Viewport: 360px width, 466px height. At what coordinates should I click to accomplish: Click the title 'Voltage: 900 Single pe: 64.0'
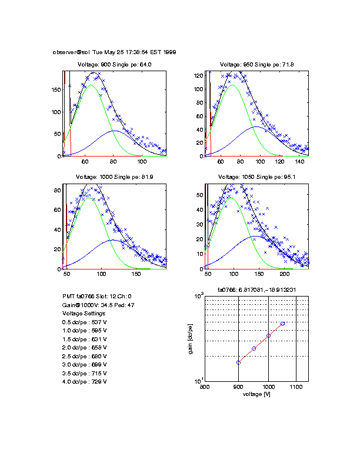click(x=115, y=65)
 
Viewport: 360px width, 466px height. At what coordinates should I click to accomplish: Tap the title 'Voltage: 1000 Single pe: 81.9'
click(x=115, y=177)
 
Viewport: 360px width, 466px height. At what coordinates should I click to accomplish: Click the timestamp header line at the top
click(x=114, y=52)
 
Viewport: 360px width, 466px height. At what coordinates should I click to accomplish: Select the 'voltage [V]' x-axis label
click(x=256, y=394)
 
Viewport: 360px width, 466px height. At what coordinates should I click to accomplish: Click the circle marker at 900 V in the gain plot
click(x=238, y=362)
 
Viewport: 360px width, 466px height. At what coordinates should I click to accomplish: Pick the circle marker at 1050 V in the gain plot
click(x=282, y=324)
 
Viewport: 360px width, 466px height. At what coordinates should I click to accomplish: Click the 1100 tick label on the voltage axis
click(x=296, y=387)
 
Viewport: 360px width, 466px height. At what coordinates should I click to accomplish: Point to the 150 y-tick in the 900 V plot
click(x=57, y=90)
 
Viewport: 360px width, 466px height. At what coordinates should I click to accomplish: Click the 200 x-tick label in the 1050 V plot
click(x=285, y=274)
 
